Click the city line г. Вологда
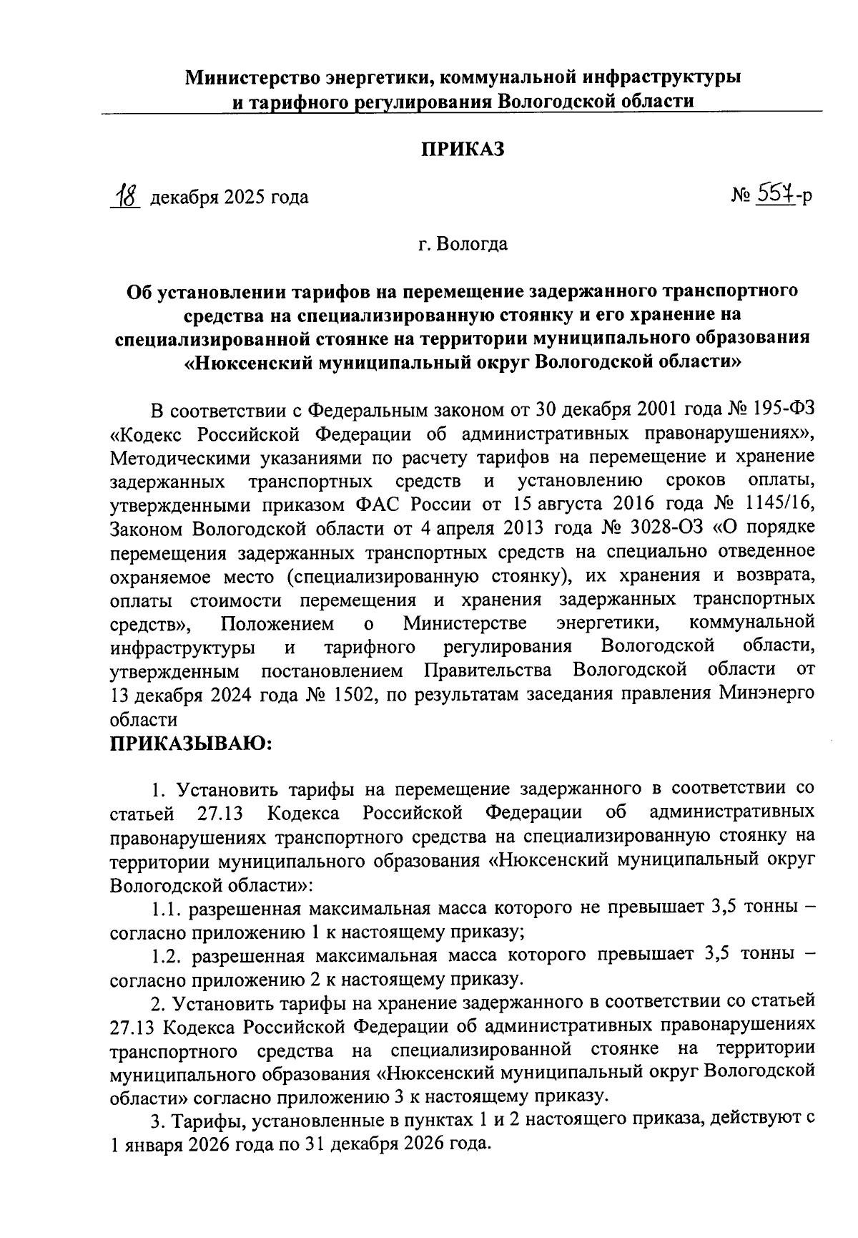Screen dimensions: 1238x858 [463, 245]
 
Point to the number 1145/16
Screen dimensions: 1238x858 [779, 505]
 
